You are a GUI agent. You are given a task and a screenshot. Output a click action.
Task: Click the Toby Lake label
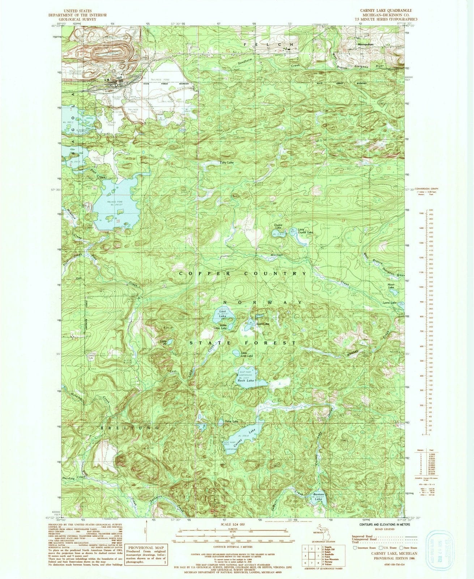(227, 163)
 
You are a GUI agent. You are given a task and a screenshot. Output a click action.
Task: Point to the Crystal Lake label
(278, 226)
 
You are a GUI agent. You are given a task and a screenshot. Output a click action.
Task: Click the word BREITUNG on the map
(129, 428)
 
